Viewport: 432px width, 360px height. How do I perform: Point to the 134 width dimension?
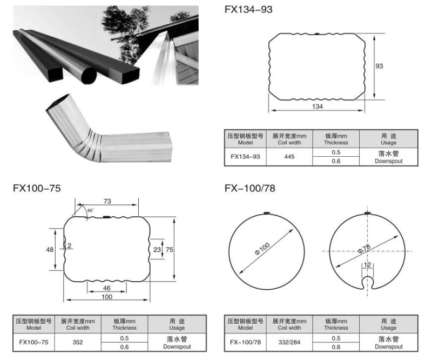click(x=318, y=106)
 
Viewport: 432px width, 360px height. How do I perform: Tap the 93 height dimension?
click(x=379, y=66)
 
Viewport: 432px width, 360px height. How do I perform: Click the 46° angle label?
click(x=90, y=210)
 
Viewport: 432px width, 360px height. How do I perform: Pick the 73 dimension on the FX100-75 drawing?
click(x=107, y=201)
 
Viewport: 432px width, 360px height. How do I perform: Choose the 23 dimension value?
click(x=157, y=250)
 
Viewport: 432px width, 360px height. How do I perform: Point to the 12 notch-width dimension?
click(x=367, y=265)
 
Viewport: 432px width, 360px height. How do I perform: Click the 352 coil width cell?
click(x=79, y=342)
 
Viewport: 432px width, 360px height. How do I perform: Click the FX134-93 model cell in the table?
click(x=245, y=157)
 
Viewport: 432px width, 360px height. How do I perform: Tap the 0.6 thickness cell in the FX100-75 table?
click(x=124, y=346)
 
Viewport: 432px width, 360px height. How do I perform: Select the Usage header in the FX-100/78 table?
click(x=388, y=324)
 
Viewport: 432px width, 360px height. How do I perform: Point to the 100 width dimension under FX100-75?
click(x=107, y=297)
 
